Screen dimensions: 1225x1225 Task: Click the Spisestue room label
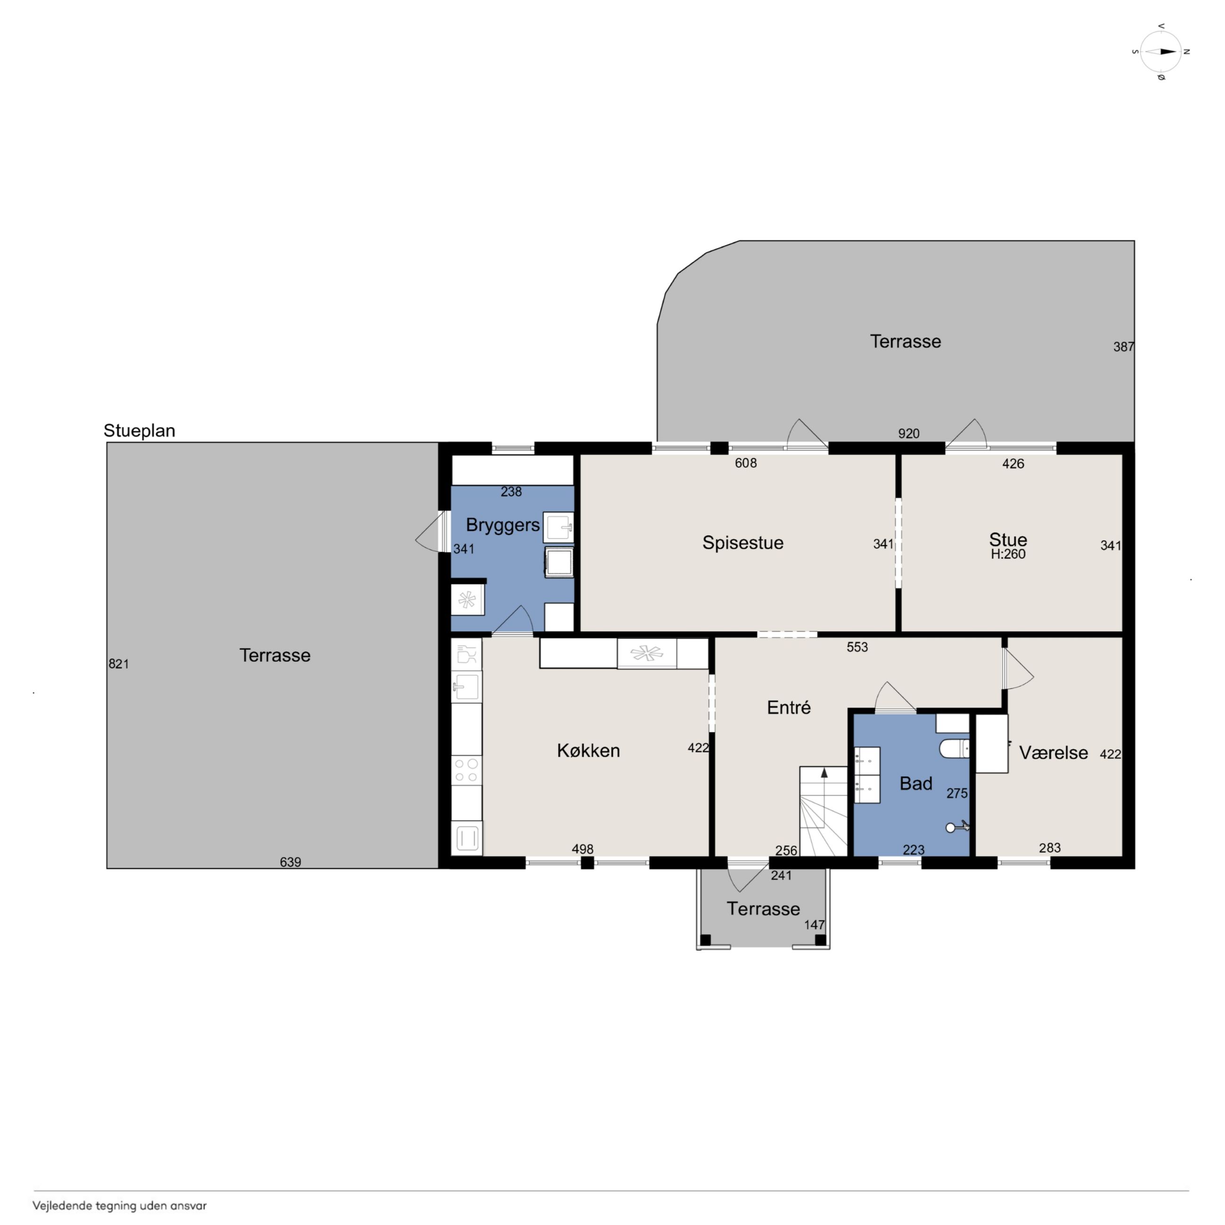coord(743,543)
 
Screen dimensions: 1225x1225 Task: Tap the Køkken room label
coord(588,751)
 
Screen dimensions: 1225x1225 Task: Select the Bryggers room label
coord(503,525)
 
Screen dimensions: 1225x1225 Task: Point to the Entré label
coord(789,708)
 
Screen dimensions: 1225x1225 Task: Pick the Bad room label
coord(915,784)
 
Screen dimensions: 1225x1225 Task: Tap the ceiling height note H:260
coord(1008,554)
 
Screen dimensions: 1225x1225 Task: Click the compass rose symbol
coord(1161,52)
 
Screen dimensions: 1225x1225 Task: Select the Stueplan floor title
coord(139,431)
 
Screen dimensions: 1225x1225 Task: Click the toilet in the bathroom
coord(954,748)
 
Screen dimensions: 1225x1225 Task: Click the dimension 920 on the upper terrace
coord(908,433)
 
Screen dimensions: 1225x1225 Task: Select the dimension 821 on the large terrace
coord(119,664)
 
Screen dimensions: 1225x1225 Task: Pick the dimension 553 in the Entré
coord(857,647)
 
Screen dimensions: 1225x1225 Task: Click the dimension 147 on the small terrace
coord(814,925)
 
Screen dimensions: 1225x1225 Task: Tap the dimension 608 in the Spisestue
coord(746,463)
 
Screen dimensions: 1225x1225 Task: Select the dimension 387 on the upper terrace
coord(1124,347)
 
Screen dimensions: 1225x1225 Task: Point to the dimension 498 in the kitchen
coord(583,849)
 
